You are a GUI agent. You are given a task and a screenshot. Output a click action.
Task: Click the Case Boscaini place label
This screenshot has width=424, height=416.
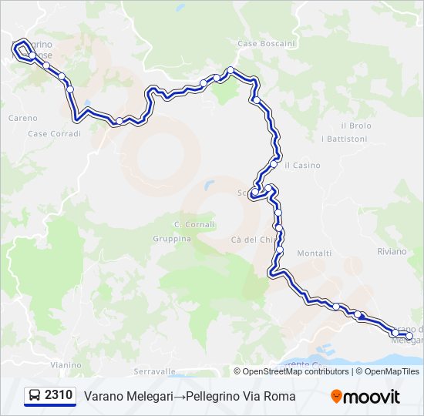click(x=266, y=44)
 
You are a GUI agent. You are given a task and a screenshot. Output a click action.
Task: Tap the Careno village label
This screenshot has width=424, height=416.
click(x=22, y=118)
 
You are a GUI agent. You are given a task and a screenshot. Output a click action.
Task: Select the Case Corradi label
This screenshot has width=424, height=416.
click(x=54, y=133)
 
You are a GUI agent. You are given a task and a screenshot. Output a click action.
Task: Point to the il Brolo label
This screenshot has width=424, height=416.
click(x=355, y=126)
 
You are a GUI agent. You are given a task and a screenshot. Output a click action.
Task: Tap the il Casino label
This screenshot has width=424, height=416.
click(x=302, y=166)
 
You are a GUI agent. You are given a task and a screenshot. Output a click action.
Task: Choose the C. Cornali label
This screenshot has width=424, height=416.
click(x=195, y=224)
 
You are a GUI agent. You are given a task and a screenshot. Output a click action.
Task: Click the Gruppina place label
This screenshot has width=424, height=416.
click(x=171, y=239)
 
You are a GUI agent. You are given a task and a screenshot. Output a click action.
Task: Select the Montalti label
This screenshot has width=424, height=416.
click(x=314, y=253)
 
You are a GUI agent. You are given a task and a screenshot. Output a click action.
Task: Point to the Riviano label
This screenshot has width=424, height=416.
click(x=392, y=250)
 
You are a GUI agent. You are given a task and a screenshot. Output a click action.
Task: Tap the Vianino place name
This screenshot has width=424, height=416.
click(x=66, y=364)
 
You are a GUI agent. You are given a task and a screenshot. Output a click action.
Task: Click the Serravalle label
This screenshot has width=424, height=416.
click(x=155, y=371)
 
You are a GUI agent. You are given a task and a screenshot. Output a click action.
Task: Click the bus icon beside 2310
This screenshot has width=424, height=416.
click(x=35, y=396)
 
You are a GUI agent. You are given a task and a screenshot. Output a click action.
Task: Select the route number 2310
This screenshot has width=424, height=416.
click(x=59, y=396)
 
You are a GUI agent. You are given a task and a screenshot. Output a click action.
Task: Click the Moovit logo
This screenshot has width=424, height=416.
click(x=365, y=397)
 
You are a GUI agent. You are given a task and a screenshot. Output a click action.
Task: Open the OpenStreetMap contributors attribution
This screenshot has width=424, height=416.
click(x=296, y=371)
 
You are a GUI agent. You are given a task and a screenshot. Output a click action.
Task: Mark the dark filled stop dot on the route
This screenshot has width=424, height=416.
click(x=360, y=315)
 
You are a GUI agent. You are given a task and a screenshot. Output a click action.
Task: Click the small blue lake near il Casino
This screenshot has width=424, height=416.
click(x=208, y=186)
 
